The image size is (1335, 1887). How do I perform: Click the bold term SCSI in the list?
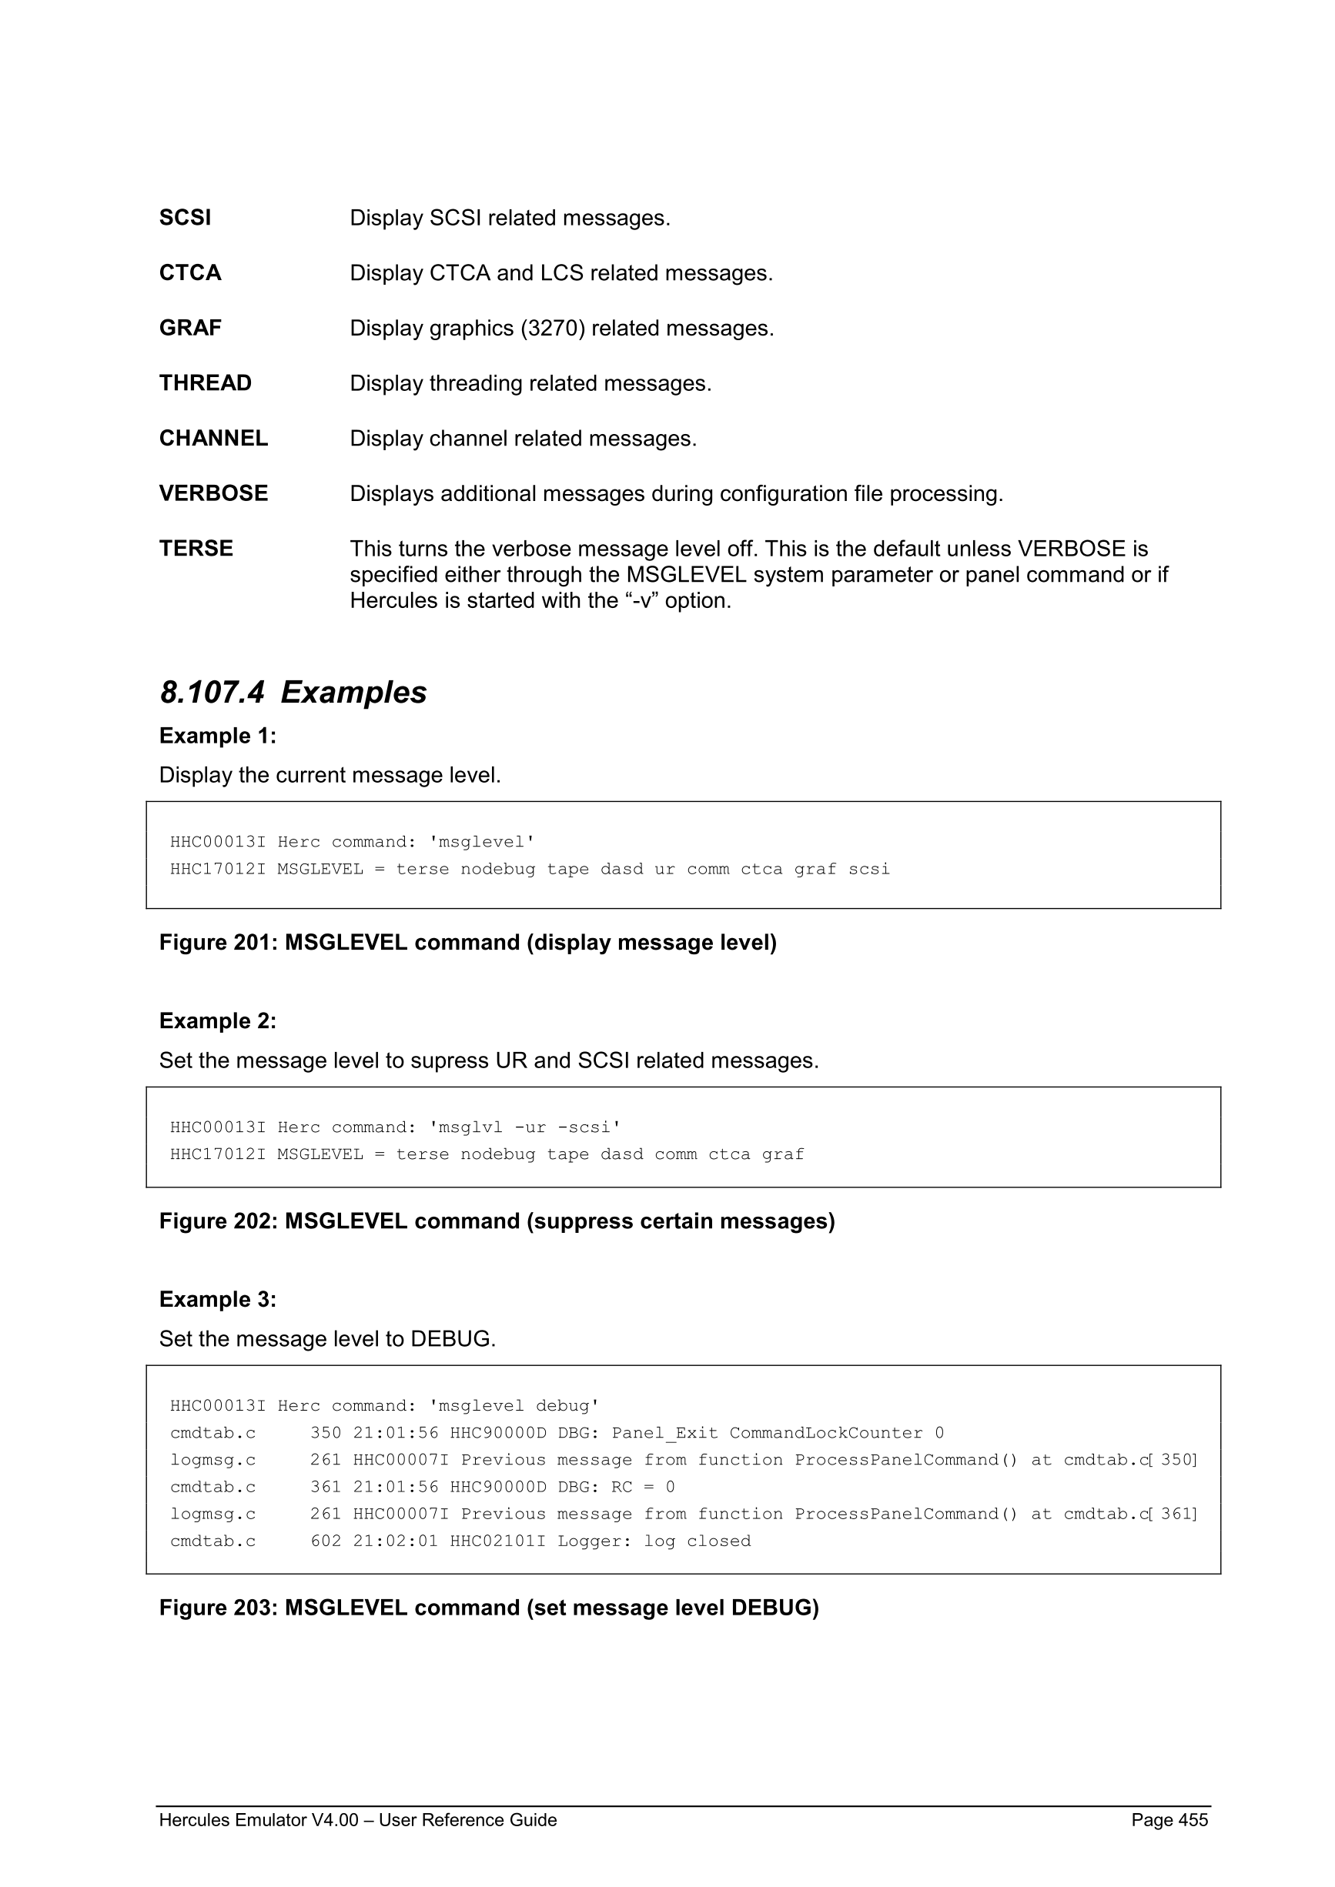point(185,218)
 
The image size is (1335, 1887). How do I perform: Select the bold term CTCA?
point(190,273)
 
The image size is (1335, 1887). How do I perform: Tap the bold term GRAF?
point(190,328)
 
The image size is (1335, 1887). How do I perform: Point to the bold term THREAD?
point(206,383)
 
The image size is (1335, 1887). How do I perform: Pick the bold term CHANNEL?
point(214,438)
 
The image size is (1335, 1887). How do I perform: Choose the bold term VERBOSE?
point(214,493)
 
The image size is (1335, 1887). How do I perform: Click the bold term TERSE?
point(196,548)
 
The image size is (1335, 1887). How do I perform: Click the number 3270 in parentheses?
point(551,328)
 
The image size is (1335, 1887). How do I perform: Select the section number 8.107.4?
point(212,693)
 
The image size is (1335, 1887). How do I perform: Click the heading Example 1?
point(218,736)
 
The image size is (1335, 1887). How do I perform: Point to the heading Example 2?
point(218,1020)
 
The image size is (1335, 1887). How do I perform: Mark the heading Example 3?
point(218,1299)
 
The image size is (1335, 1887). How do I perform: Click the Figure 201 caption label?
point(219,943)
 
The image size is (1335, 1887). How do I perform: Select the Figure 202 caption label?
point(219,1221)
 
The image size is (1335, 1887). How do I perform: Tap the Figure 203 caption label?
point(219,1608)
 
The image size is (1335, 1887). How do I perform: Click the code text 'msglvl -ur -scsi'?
point(525,1127)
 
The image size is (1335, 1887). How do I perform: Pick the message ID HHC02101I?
point(497,1541)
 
